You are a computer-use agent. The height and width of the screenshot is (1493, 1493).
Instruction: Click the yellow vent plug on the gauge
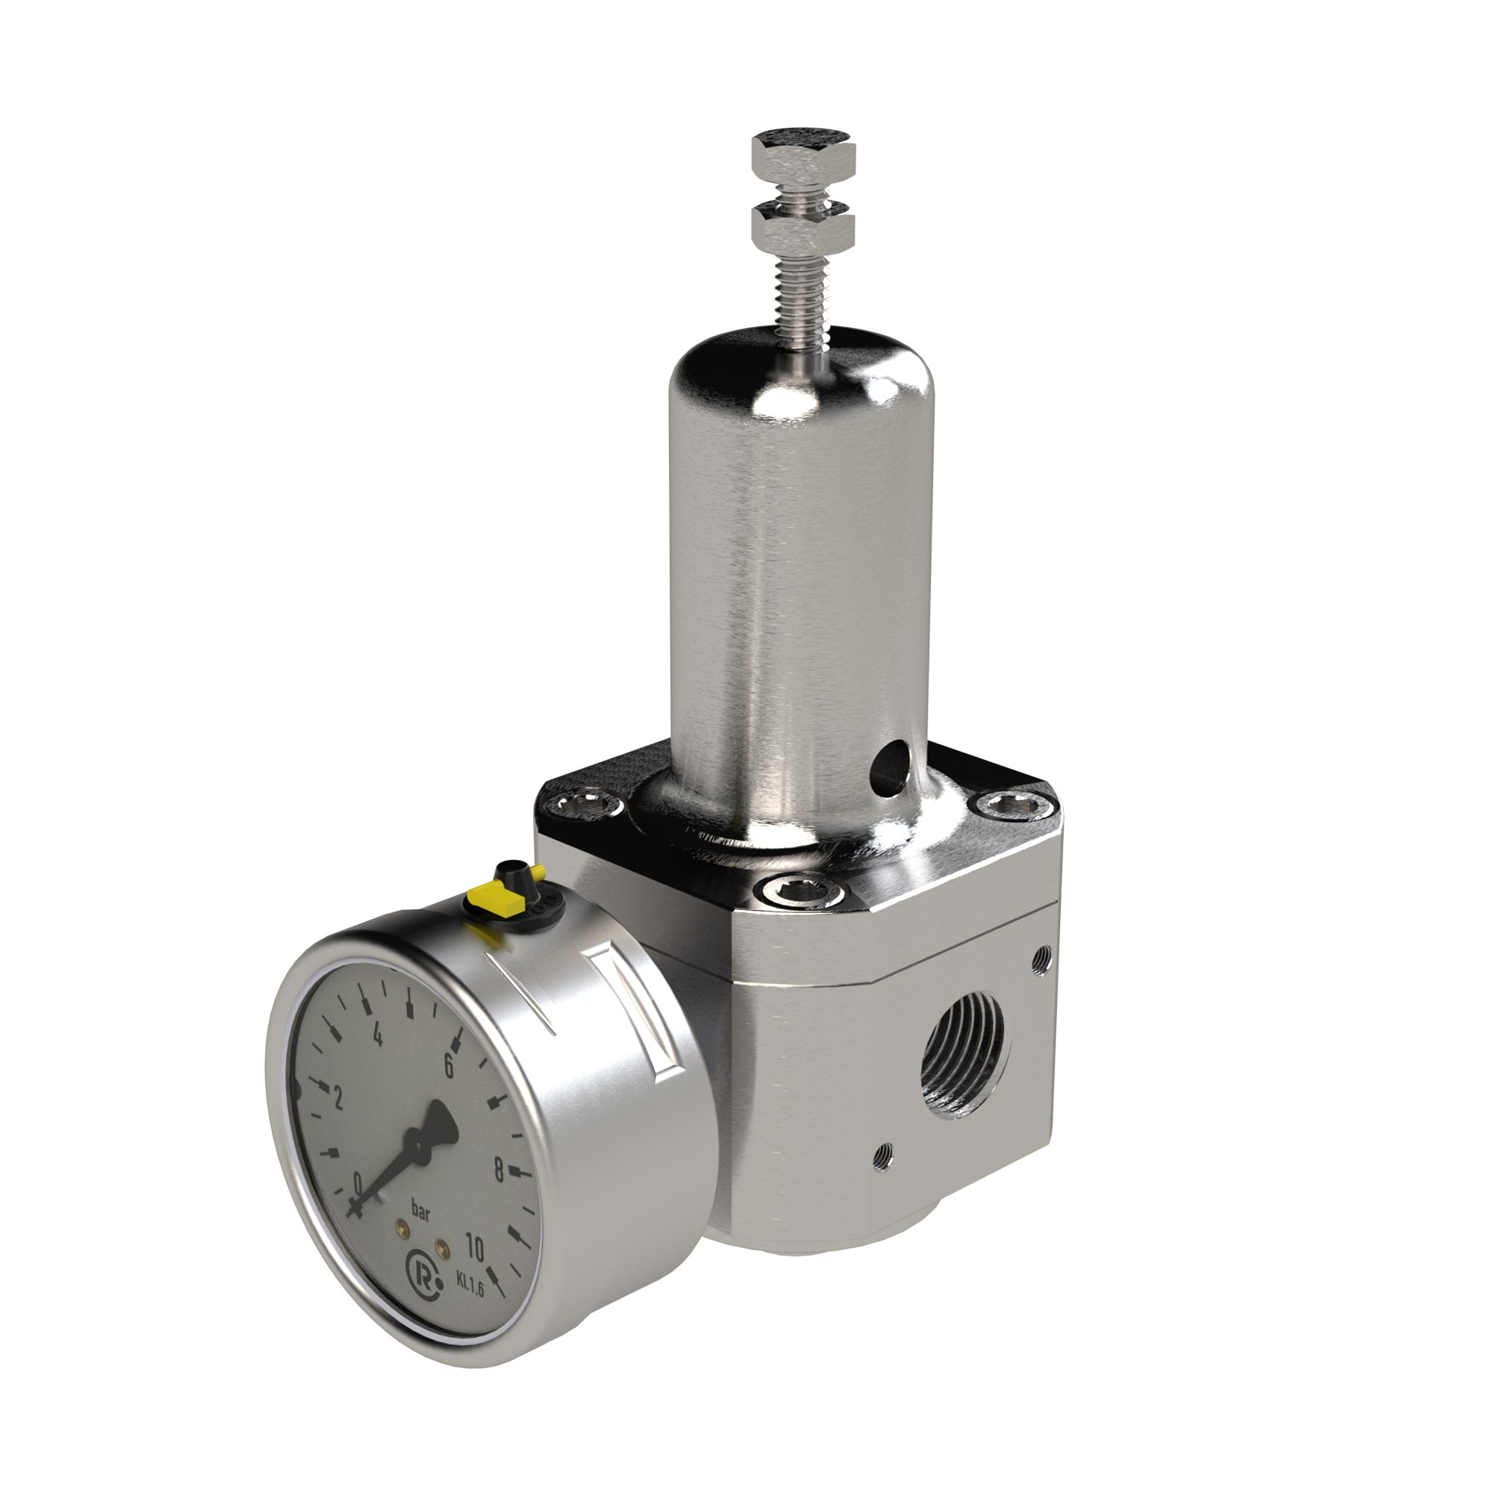tap(499, 899)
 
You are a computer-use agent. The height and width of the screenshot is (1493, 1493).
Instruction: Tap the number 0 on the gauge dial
tap(357, 1182)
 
